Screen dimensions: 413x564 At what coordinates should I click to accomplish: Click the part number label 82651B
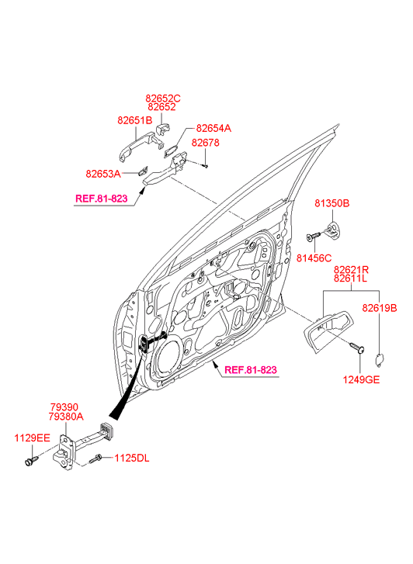pos(134,120)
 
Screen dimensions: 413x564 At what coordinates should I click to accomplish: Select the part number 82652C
pos(163,99)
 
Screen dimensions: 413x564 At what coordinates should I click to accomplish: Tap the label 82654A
pos(213,129)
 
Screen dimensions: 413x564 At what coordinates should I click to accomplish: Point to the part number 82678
pos(205,143)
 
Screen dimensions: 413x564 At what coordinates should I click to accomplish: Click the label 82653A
pos(103,174)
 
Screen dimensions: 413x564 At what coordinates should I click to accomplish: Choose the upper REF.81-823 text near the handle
pos(101,199)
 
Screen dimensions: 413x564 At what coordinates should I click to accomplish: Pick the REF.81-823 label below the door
pos(251,370)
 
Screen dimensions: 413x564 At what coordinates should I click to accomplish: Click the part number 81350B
pos(332,203)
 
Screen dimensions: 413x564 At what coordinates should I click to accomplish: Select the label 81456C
pos(314,258)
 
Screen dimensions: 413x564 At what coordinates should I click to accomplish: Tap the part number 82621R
pos(351,269)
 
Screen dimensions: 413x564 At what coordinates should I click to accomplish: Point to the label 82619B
pos(380,308)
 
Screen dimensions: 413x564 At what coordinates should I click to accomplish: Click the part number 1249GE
pos(361,380)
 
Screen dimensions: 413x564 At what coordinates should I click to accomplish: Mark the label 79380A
pos(66,417)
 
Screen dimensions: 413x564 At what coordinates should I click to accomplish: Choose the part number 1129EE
pos(32,438)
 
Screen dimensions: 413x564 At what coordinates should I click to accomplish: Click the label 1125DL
pos(132,458)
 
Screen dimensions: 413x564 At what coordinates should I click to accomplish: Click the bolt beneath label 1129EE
pos(30,460)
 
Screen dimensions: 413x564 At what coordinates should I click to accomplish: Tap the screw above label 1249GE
pos(357,347)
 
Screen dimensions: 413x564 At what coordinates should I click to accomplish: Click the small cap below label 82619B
pos(380,359)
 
